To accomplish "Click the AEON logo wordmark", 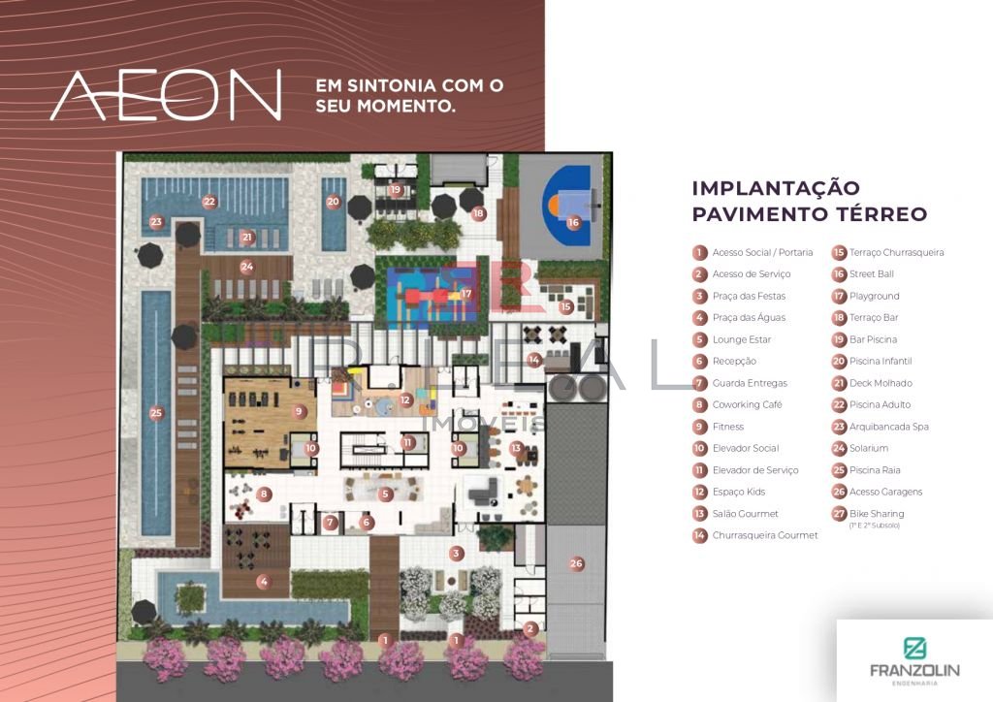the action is click(x=165, y=95).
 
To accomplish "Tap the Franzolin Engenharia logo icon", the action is click(x=914, y=649).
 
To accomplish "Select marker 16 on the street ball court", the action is click(x=573, y=222).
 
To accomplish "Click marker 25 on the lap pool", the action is click(x=156, y=413).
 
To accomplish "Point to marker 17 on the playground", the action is click(x=466, y=293).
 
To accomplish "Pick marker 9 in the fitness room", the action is click(x=299, y=411).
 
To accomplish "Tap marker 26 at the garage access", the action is click(x=576, y=563).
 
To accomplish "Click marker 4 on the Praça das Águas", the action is click(x=264, y=582).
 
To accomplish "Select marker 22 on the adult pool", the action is click(x=209, y=202).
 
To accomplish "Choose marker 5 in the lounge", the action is click(x=385, y=495).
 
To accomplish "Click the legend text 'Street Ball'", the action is click(x=872, y=274).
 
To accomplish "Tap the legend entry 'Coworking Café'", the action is click(x=748, y=404).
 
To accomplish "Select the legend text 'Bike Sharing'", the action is click(x=877, y=513).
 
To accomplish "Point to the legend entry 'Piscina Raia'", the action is click(x=875, y=469).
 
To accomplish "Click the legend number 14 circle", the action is click(x=699, y=535).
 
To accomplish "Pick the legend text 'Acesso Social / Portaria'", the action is click(x=762, y=252).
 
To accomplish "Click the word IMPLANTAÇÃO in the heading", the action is click(x=776, y=188).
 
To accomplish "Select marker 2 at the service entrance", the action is click(x=530, y=628).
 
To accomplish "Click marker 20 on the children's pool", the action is click(x=334, y=202).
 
